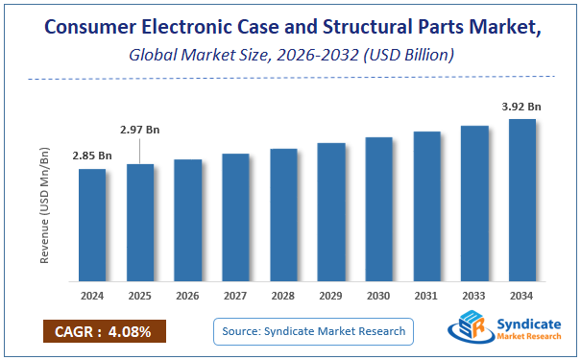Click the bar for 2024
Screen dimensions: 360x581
click(x=92, y=226)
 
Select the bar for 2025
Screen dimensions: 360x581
click(x=140, y=223)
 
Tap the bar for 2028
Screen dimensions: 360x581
click(x=283, y=215)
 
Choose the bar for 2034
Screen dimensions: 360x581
click(x=522, y=201)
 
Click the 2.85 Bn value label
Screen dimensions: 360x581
click(x=92, y=156)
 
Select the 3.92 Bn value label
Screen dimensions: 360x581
click(x=522, y=107)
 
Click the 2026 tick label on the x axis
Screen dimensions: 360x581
click(x=188, y=297)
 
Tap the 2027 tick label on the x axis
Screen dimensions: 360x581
click(x=235, y=297)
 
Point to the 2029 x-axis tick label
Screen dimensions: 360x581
click(x=331, y=297)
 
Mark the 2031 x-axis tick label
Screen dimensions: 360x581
click(x=426, y=297)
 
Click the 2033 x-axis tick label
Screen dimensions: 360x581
click(x=474, y=297)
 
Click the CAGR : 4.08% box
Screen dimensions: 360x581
click(x=105, y=331)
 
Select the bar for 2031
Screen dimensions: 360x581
click(x=426, y=206)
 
